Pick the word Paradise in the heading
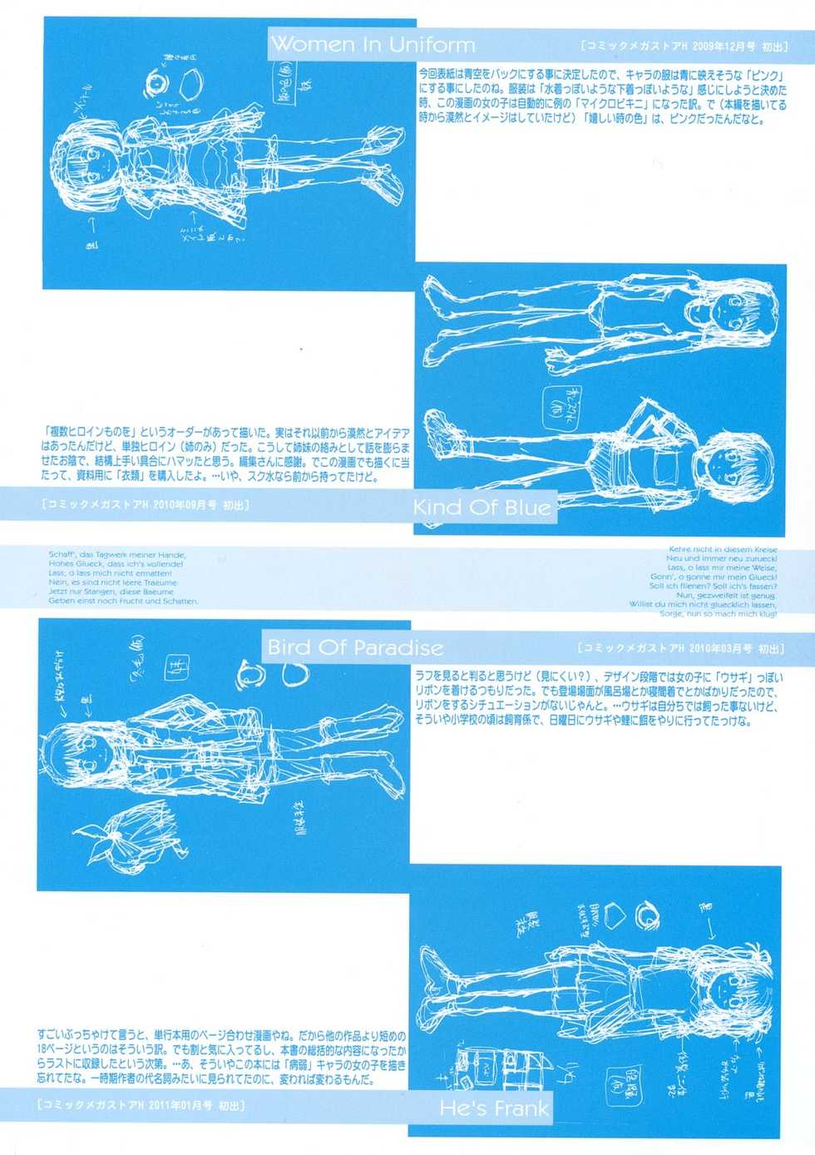coord(398,647)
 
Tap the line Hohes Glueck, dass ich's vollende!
coord(116,564)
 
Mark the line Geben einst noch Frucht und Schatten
coord(123,601)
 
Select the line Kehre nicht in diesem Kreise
coord(723,549)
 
